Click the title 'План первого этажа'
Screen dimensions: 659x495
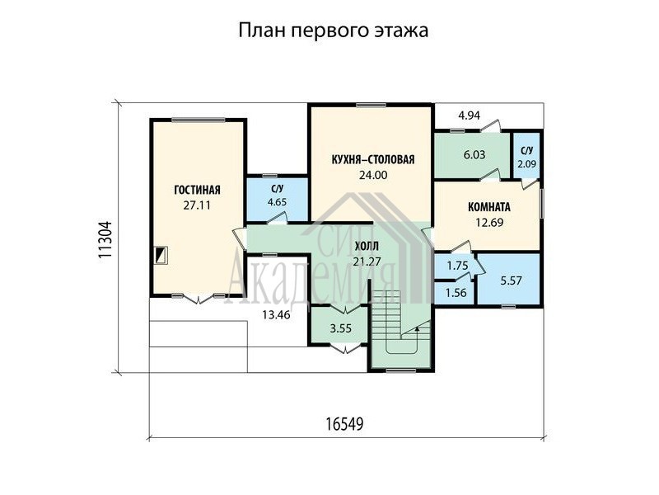click(334, 31)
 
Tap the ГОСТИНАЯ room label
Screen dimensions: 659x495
click(197, 190)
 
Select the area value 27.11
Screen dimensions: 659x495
click(197, 205)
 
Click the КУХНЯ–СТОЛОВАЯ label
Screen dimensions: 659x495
click(373, 159)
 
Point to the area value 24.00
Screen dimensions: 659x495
click(373, 175)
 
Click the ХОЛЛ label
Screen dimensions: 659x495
click(367, 246)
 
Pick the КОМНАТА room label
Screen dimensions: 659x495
click(489, 207)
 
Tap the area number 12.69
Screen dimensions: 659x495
click(489, 222)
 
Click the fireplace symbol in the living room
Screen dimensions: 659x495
click(161, 255)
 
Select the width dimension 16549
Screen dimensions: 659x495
click(344, 424)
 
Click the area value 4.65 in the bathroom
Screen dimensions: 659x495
click(277, 202)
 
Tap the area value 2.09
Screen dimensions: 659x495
click(526, 164)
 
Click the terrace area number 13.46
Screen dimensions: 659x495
click(276, 314)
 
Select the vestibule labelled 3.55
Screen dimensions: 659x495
click(340, 328)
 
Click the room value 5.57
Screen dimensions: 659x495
click(511, 280)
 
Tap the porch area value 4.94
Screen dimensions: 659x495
click(469, 115)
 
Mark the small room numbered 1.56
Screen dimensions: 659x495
click(456, 292)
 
